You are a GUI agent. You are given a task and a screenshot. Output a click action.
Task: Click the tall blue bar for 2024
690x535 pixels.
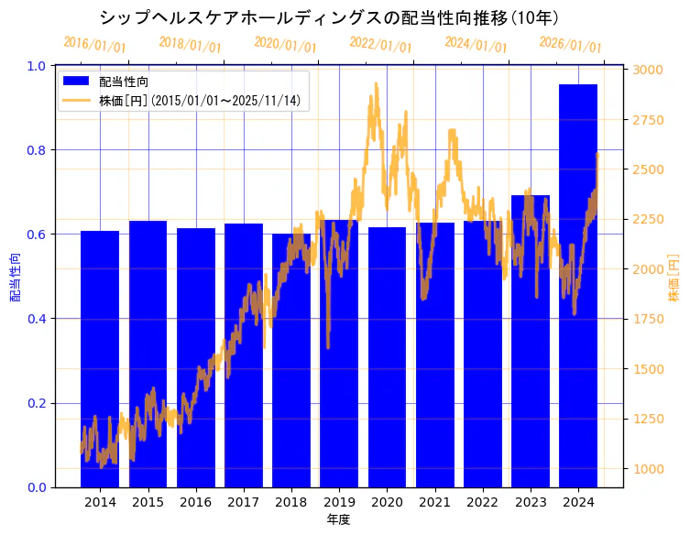click(x=578, y=284)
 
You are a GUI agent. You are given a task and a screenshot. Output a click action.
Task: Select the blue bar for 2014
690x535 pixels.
click(x=100, y=357)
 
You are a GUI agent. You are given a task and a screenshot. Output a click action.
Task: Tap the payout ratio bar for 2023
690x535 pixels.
click(x=531, y=339)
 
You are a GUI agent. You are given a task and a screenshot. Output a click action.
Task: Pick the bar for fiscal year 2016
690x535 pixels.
click(x=196, y=357)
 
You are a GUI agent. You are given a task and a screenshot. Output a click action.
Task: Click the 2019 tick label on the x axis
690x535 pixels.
click(x=339, y=502)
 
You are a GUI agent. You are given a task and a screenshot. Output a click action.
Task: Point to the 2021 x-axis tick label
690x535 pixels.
click(x=434, y=502)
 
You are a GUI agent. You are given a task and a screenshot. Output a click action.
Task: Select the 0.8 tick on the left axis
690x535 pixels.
click(x=37, y=150)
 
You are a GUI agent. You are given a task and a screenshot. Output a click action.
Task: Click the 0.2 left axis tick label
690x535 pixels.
click(x=37, y=403)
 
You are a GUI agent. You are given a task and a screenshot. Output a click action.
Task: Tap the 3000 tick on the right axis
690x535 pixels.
click(x=649, y=70)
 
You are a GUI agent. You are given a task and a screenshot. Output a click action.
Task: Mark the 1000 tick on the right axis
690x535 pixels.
click(x=649, y=469)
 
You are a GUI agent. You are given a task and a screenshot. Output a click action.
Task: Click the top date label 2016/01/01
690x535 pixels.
click(x=95, y=45)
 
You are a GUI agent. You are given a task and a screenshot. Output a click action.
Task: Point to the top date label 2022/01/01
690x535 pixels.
click(x=381, y=45)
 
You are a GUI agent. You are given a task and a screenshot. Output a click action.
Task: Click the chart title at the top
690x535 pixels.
click(x=330, y=17)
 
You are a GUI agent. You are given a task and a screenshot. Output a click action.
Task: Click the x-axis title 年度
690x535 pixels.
click(x=338, y=519)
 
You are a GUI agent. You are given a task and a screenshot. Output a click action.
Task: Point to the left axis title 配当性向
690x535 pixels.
click(x=16, y=278)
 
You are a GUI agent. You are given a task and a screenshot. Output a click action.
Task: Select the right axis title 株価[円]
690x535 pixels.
click(x=674, y=278)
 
